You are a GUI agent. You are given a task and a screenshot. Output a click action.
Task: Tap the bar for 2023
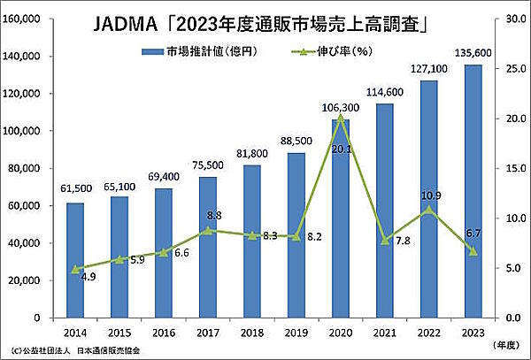click(473, 190)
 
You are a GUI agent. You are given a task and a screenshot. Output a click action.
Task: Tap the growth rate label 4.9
click(88, 277)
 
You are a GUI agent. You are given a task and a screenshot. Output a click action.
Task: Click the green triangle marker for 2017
click(206, 230)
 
